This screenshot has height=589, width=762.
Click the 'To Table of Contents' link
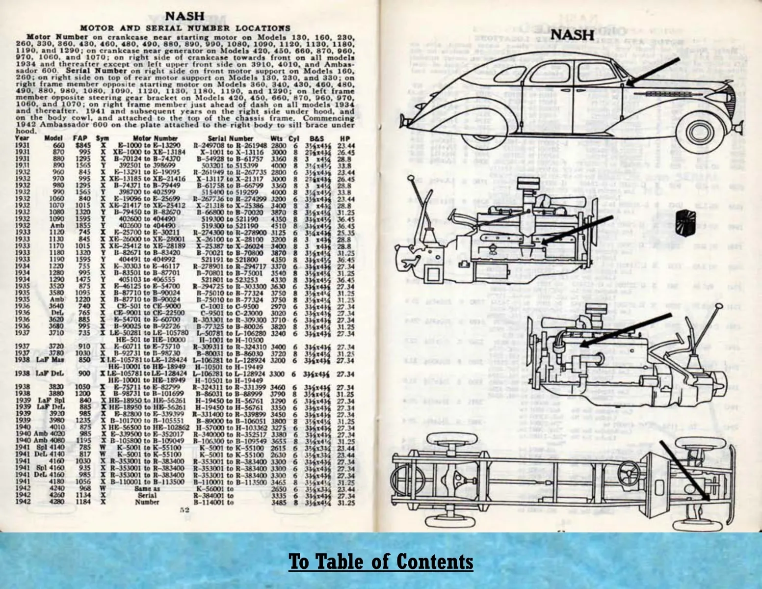tap(381, 562)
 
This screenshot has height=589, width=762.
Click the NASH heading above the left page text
tap(185, 16)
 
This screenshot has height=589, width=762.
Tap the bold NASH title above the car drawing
tap(572, 35)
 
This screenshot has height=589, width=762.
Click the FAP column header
tap(79, 138)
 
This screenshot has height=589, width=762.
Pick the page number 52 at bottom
tap(184, 510)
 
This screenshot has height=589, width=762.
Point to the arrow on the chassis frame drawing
tap(684, 471)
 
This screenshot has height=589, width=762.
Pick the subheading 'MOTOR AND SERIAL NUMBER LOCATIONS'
tap(185, 28)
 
